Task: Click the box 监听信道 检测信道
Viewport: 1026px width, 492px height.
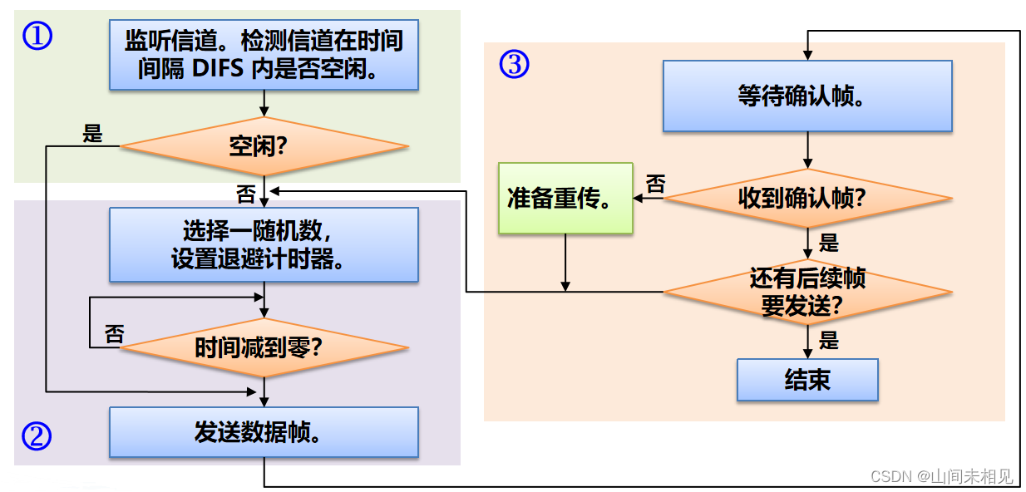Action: pyautogui.click(x=264, y=54)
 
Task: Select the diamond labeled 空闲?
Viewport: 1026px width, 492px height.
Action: pyautogui.click(x=264, y=147)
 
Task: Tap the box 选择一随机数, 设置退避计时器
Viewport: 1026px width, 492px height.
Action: pyautogui.click(x=264, y=244)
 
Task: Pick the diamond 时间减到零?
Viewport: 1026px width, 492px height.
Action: pyautogui.click(x=264, y=347)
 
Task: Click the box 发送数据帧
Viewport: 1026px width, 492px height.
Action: pyautogui.click(x=264, y=432)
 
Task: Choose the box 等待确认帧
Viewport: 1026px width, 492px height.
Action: pyautogui.click(x=806, y=96)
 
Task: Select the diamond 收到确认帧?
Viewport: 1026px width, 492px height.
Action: pyautogui.click(x=806, y=199)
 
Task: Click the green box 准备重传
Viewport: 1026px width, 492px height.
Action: pyautogui.click(x=565, y=199)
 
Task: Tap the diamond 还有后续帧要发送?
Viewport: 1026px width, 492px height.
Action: pyautogui.click(x=806, y=292)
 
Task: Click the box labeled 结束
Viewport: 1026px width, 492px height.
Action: pyautogui.click(x=806, y=380)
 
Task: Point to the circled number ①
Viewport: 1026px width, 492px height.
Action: pyautogui.click(x=37, y=36)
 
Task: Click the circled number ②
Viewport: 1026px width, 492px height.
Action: pyautogui.click(x=37, y=436)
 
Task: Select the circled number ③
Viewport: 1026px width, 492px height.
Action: pyautogui.click(x=514, y=64)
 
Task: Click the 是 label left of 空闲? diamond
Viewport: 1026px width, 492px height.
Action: pyautogui.click(x=92, y=133)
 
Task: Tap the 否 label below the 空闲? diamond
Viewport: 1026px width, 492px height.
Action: pyautogui.click(x=246, y=194)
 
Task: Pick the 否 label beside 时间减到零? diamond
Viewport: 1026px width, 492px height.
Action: pyautogui.click(x=114, y=334)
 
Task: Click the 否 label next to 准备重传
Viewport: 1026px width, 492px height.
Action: pyautogui.click(x=656, y=184)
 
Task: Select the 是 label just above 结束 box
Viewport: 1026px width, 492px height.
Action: pyautogui.click(x=829, y=340)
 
